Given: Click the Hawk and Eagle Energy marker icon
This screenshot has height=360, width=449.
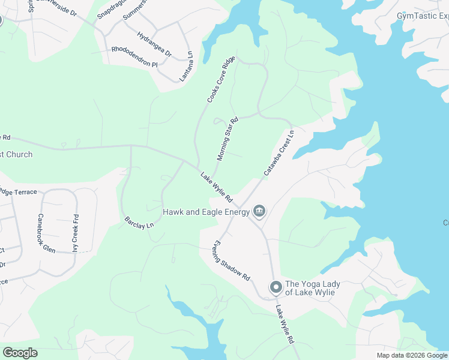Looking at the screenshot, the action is tap(259, 211).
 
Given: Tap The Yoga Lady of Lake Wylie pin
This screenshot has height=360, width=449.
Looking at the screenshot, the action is tap(276, 287).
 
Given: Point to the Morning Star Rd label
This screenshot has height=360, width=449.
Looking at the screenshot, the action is tap(228, 139).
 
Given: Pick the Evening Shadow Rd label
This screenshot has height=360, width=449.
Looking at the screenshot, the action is tap(230, 262).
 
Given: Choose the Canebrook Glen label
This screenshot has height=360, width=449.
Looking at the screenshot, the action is tap(46, 233).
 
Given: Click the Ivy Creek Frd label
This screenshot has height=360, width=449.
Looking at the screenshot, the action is tap(76, 233).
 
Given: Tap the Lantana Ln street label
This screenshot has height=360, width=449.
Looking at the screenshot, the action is tap(187, 65).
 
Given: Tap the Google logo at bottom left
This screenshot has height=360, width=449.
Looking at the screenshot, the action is tap(20, 353).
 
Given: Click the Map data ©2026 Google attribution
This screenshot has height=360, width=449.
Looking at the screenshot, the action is tap(412, 355).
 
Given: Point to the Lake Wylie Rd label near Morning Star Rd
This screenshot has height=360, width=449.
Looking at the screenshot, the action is tap(217, 187).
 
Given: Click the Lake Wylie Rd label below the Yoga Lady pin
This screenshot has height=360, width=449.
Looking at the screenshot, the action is tap(285, 324).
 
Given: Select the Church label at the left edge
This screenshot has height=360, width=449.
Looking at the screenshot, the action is tap(16, 154).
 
